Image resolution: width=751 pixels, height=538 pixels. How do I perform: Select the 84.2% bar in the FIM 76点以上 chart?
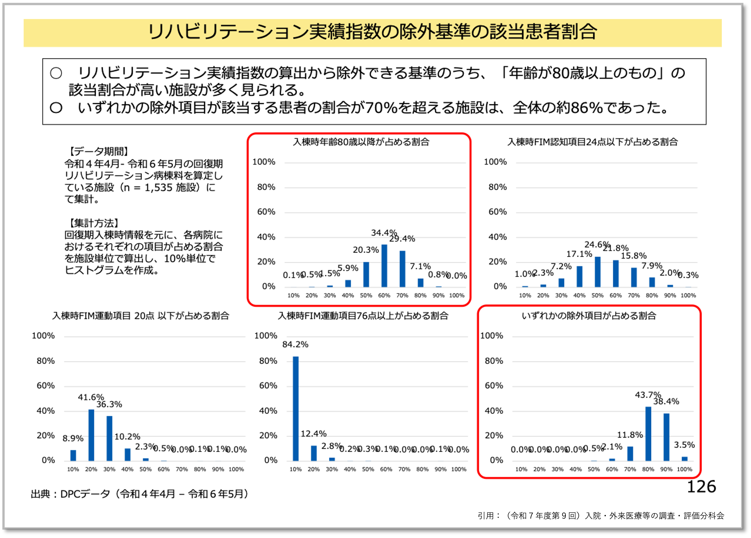[295, 408]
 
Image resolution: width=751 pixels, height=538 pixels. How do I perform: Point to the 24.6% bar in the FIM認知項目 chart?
[597, 272]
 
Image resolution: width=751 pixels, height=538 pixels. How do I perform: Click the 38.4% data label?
[666, 401]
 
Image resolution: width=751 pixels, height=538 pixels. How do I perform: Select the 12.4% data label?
[313, 433]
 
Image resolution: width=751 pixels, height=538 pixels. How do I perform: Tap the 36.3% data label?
[109, 404]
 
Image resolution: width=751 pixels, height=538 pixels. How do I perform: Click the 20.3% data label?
[365, 250]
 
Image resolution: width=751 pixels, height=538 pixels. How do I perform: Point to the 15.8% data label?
[634, 256]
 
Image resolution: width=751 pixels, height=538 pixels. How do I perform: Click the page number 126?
[701, 487]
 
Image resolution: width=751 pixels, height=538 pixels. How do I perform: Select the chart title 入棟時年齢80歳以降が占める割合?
[361, 142]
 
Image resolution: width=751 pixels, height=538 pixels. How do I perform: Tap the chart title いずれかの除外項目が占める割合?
[589, 316]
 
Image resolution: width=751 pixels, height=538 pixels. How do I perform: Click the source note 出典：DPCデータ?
[139, 494]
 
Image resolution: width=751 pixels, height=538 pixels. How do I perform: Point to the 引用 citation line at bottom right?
[601, 515]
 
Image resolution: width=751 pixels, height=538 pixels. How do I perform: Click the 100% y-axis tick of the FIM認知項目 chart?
[495, 162]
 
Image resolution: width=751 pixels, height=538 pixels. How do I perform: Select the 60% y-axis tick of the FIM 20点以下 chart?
[46, 385]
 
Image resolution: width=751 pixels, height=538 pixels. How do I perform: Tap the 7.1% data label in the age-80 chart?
[420, 266]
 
